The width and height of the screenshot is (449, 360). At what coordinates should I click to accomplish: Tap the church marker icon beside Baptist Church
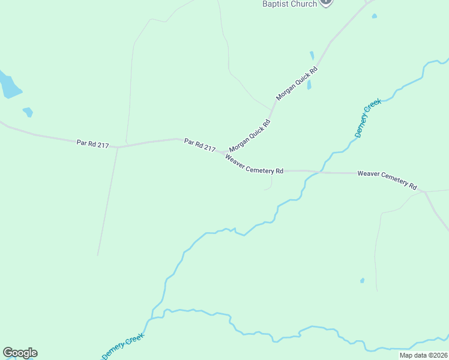325,2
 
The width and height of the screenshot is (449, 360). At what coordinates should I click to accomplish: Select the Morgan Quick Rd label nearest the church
297,83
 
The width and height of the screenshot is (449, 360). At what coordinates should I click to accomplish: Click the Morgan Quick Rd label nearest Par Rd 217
250,135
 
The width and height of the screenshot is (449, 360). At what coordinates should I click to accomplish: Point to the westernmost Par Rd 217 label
92,143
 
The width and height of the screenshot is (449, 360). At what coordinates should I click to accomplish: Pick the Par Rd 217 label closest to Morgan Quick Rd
200,145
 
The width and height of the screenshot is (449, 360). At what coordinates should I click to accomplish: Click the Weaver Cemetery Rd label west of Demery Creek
254,164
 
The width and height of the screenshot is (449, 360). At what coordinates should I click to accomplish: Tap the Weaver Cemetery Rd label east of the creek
387,179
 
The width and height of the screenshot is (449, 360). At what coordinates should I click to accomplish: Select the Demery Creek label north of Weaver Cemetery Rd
367,119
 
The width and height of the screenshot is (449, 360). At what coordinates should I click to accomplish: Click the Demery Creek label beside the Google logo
123,347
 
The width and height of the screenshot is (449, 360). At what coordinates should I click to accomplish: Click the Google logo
20,353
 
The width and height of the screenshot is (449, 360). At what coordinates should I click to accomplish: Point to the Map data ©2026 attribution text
424,355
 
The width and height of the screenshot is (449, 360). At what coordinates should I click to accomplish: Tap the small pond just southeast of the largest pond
28,112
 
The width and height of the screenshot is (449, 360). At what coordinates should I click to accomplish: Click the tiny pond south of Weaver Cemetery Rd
362,280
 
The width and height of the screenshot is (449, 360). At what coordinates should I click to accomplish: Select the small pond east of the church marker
374,16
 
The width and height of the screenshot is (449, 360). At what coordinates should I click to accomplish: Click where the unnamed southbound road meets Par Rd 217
118,146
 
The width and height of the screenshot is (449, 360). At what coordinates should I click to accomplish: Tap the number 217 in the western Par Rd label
102,145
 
